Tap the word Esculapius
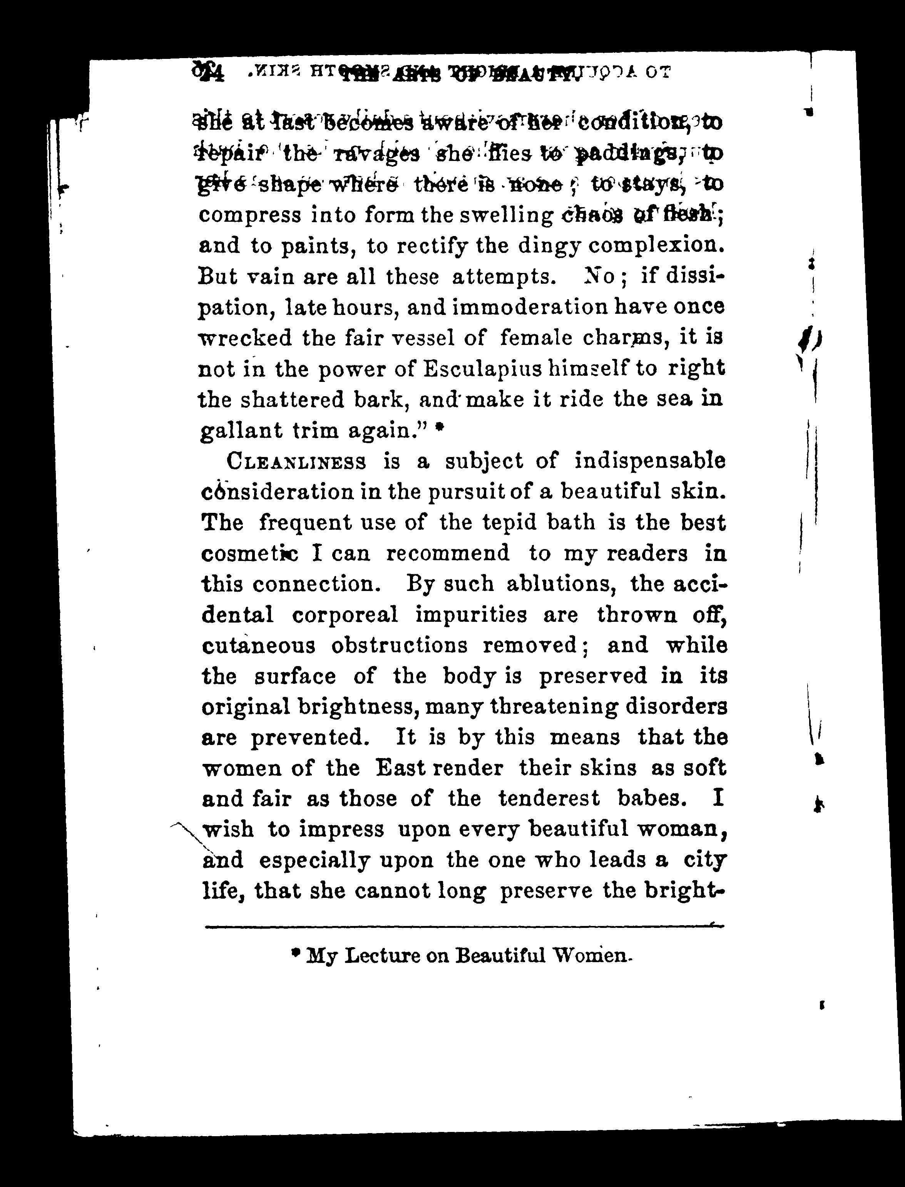488,369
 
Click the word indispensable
650,461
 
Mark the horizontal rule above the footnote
463,927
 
